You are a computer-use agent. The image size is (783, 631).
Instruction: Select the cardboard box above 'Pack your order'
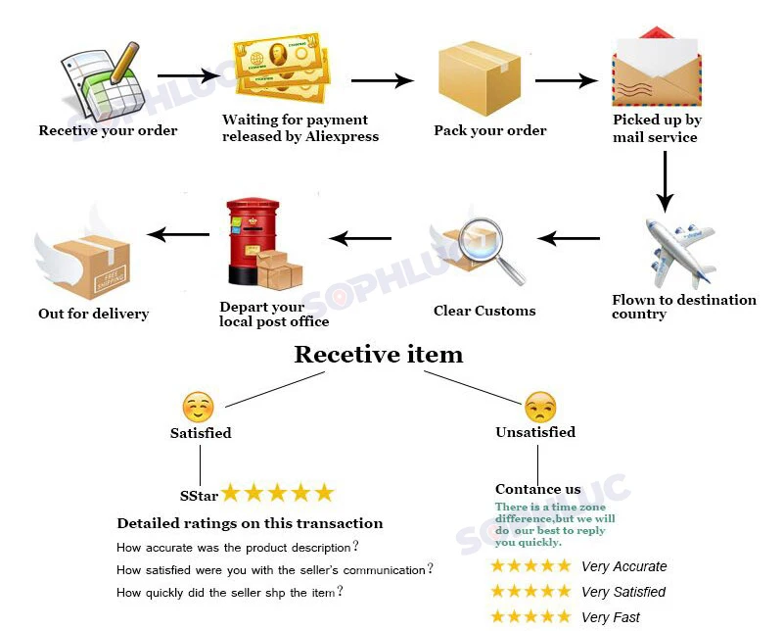pyautogui.click(x=480, y=77)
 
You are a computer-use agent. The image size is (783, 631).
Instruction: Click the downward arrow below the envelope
pyautogui.click(x=665, y=181)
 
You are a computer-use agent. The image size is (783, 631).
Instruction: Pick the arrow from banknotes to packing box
pyautogui.click(x=383, y=81)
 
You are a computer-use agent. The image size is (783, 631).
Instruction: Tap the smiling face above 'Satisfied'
pyautogui.click(x=198, y=407)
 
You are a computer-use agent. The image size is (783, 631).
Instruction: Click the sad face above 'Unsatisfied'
pyautogui.click(x=539, y=407)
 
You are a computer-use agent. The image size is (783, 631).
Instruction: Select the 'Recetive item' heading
pyautogui.click(x=379, y=354)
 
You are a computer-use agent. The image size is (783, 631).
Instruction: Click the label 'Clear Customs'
pyautogui.click(x=484, y=311)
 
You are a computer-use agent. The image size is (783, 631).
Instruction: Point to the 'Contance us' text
pyautogui.click(x=537, y=489)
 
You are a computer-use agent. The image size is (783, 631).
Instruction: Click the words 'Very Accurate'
pyautogui.click(x=623, y=566)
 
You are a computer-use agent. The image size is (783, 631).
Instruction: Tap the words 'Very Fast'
pyautogui.click(x=610, y=617)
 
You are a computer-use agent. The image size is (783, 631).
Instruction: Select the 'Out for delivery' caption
pyautogui.click(x=93, y=314)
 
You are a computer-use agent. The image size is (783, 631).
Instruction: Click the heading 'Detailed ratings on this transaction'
pyautogui.click(x=250, y=523)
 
